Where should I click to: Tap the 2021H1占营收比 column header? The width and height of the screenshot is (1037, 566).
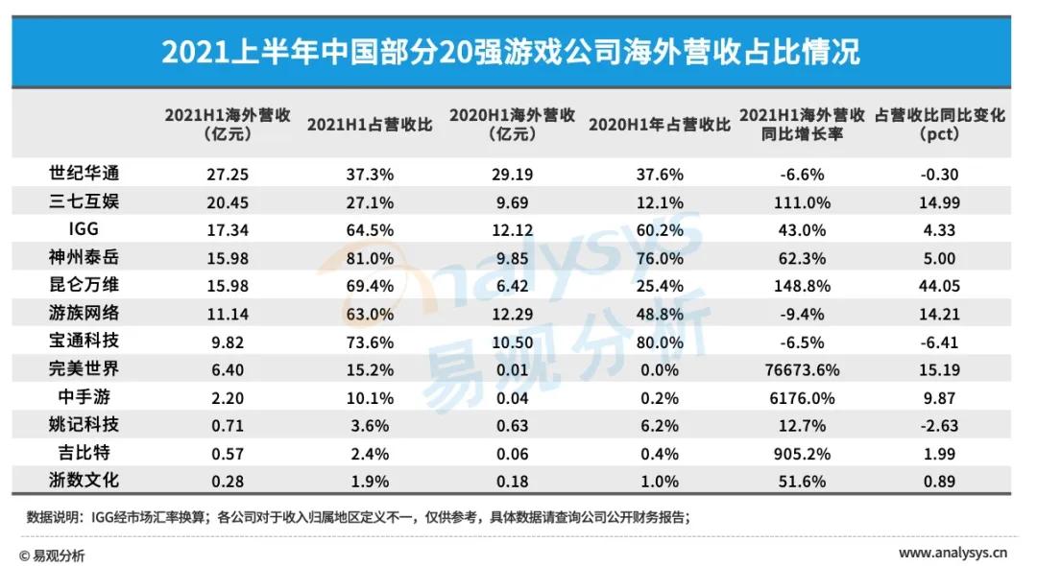click(370, 125)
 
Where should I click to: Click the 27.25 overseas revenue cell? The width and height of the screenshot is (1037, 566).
click(208, 174)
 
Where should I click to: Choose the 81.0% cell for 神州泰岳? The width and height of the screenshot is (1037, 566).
click(370, 257)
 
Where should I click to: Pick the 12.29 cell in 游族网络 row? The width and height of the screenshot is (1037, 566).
click(510, 313)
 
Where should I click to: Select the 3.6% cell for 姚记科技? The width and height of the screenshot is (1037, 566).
click(370, 423)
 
